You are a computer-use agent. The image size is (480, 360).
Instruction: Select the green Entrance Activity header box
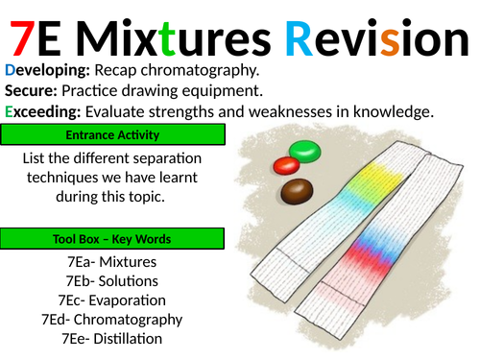114,134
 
